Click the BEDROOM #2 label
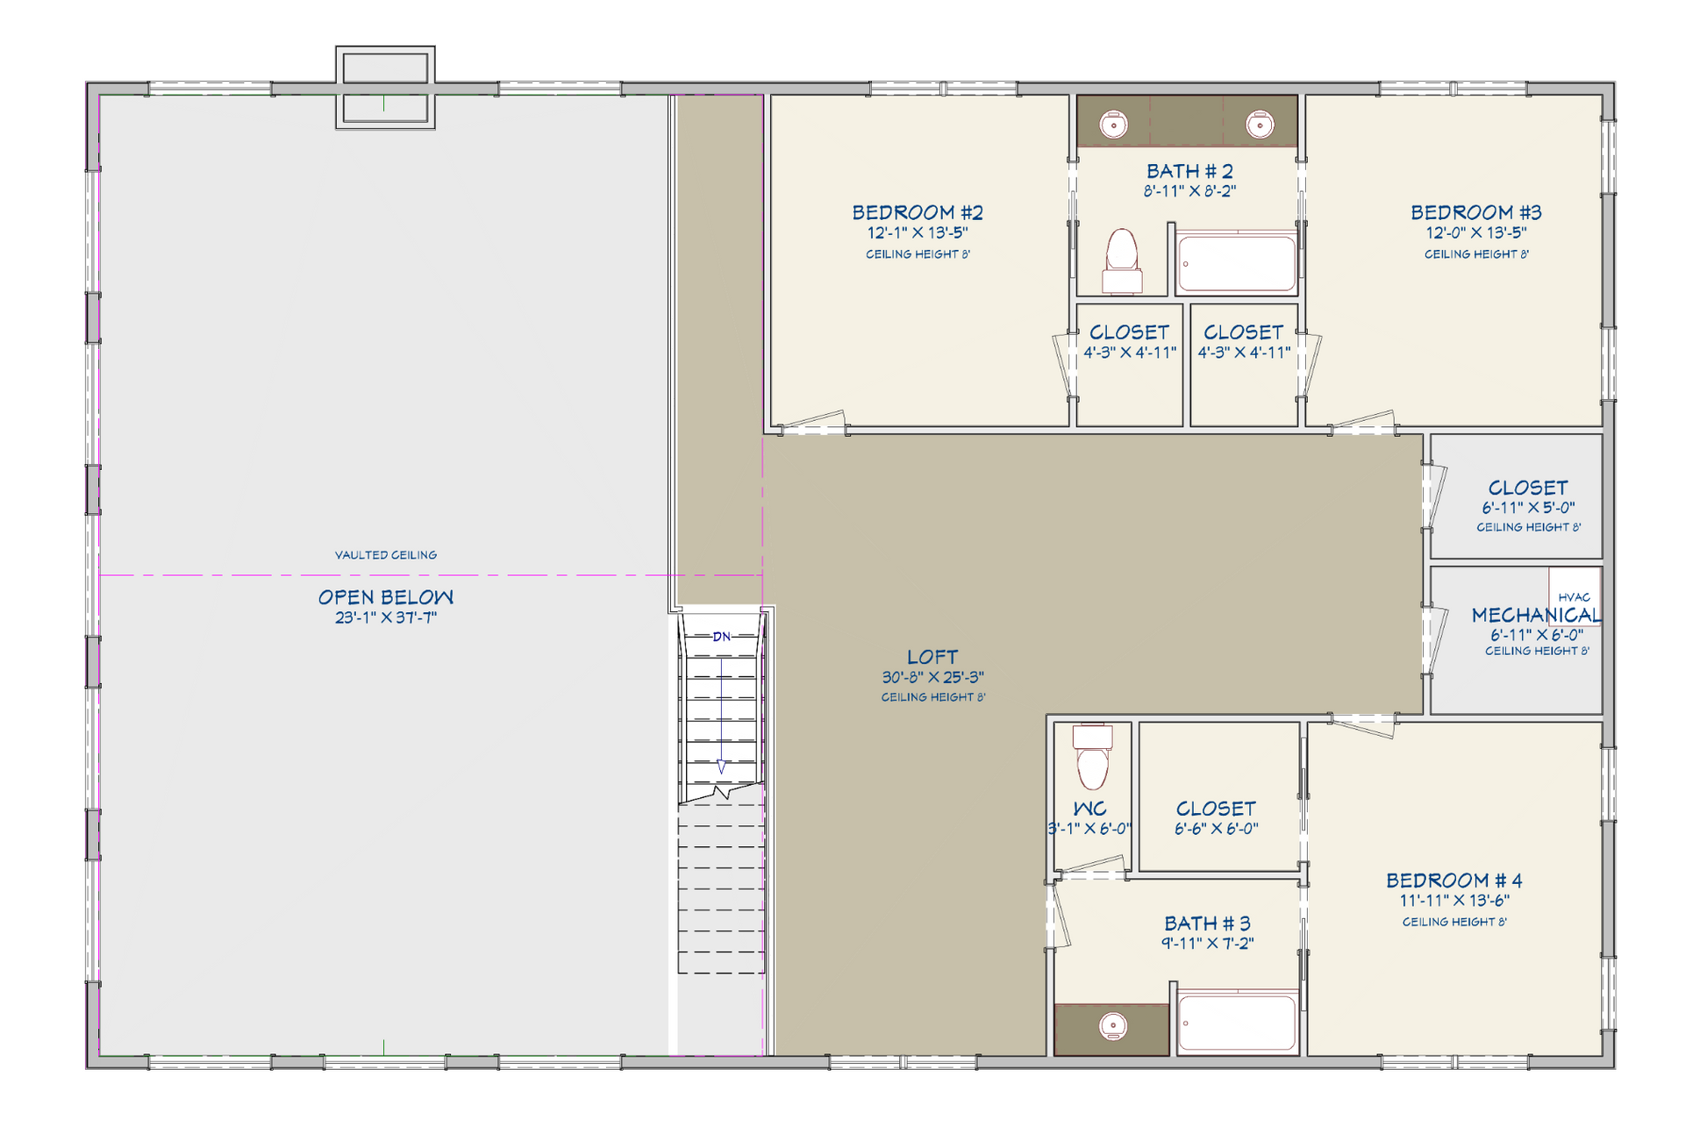coord(918,212)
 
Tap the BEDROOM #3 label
coord(1476,212)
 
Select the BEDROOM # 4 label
coord(1454,881)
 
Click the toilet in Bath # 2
coord(1122,260)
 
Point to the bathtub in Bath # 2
coord(1237,262)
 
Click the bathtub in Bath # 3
coord(1237,1022)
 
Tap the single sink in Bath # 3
coord(1113,1025)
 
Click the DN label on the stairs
coord(721,637)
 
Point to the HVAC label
coord(1575,597)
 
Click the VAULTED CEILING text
coord(386,555)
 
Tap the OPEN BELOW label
coord(386,597)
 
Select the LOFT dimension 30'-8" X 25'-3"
coord(933,677)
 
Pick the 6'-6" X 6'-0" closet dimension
coord(1217,829)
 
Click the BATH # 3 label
coord(1208,923)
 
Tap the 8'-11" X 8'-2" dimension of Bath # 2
coord(1190,191)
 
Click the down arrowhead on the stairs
coord(721,767)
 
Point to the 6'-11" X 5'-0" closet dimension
coord(1529,508)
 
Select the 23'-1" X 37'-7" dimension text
coord(386,617)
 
